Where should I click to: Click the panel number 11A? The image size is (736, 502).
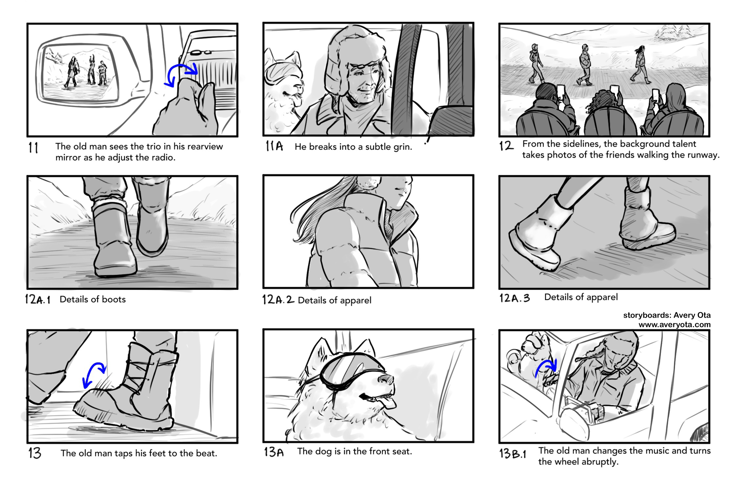(274, 146)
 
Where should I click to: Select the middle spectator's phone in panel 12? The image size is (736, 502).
(615, 91)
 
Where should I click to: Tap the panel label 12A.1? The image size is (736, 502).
(38, 299)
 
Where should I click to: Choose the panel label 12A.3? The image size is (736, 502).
(514, 298)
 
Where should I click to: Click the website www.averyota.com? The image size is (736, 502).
(674, 325)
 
